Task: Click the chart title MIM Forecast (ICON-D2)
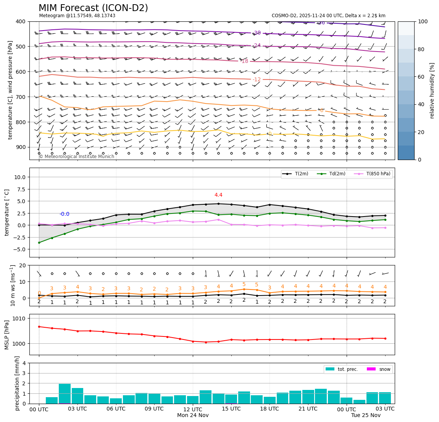click(x=93, y=8)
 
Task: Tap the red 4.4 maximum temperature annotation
click(x=218, y=195)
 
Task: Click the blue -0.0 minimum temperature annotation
click(x=64, y=214)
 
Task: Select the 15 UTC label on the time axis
click(x=231, y=409)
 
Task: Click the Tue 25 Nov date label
click(x=366, y=415)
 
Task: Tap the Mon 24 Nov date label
click(x=193, y=415)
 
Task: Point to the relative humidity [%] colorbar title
click(x=432, y=91)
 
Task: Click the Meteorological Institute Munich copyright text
click(x=76, y=157)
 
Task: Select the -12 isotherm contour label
click(x=257, y=79)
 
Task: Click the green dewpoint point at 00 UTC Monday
click(x=39, y=243)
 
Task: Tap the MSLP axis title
click(x=6, y=335)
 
